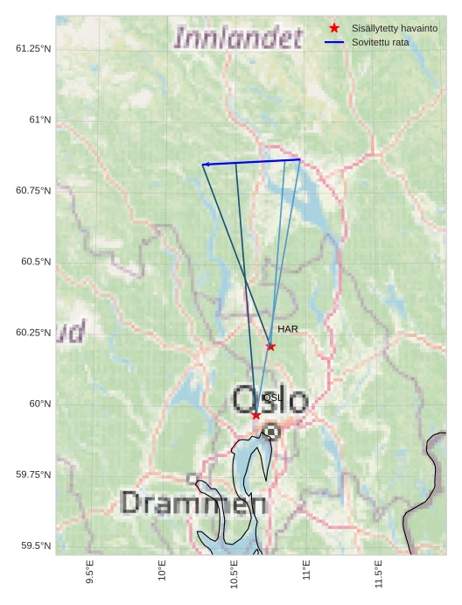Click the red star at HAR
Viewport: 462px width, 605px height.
pos(270,347)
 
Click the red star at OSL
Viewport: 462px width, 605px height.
pos(255,415)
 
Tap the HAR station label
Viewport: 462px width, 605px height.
pos(288,329)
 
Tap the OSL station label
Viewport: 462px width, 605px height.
pos(272,397)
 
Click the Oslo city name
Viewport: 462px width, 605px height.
pos(270,400)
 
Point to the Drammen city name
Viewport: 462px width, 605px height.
pos(193,503)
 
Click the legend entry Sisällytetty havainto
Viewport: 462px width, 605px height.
pos(395,28)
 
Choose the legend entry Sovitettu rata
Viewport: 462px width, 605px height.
pos(381,42)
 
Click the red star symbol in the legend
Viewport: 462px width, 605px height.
pos(334,28)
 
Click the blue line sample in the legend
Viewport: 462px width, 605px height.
pos(334,42)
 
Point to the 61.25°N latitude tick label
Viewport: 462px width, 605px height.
pos(33,48)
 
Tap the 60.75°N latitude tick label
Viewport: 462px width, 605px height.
pos(33,190)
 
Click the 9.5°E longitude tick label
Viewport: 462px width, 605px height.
pos(90,573)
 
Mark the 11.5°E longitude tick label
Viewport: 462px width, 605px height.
pos(378,573)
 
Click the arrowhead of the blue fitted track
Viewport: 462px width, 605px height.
pos(205,165)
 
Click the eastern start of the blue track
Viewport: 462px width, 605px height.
pos(299,159)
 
